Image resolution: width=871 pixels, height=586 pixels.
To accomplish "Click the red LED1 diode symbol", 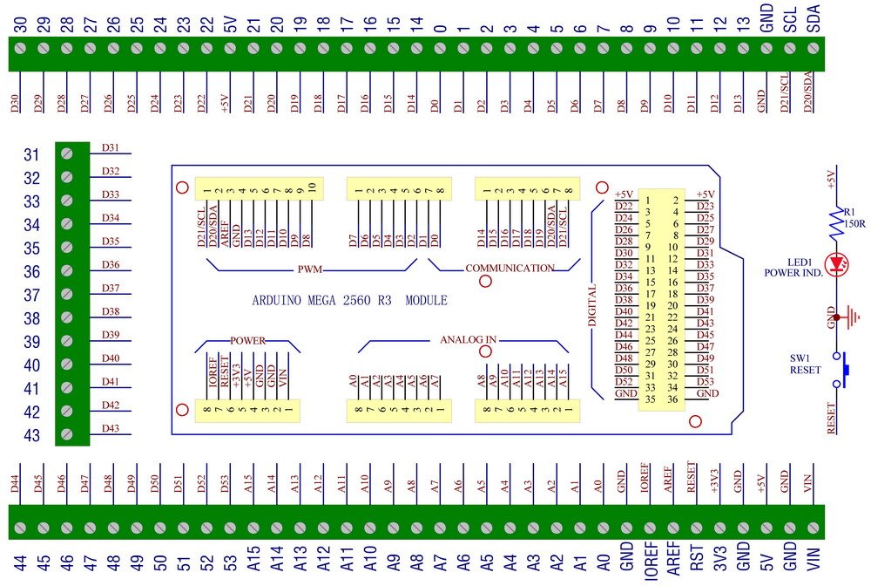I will coord(839,261).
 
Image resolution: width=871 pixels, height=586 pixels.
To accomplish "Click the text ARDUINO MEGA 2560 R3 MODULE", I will coord(349,301).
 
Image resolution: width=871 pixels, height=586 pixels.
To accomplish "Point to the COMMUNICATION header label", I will coord(510,269).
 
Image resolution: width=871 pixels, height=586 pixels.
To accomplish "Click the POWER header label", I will coord(246,339).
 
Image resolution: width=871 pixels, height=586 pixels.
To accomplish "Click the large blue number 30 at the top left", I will coord(19,24).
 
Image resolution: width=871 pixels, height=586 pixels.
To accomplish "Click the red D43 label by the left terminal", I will coord(111,428).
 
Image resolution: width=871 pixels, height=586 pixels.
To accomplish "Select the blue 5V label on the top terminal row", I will coord(230,24).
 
